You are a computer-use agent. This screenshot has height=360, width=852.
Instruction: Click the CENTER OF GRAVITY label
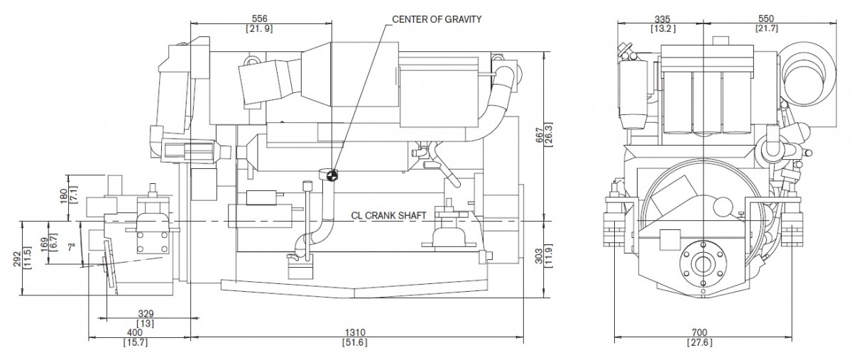[x=437, y=19]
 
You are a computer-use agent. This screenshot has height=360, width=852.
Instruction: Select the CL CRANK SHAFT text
[x=389, y=215]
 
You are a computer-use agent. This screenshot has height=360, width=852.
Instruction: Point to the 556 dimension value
[x=260, y=18]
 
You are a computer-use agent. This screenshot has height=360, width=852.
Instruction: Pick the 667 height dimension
[x=540, y=135]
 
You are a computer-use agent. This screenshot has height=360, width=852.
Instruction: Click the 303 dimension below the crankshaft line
[x=540, y=257]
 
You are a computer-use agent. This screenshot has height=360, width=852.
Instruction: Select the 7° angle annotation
[x=72, y=248]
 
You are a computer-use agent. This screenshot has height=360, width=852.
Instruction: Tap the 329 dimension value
[x=146, y=314]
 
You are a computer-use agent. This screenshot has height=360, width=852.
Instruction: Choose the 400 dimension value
[x=135, y=332]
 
